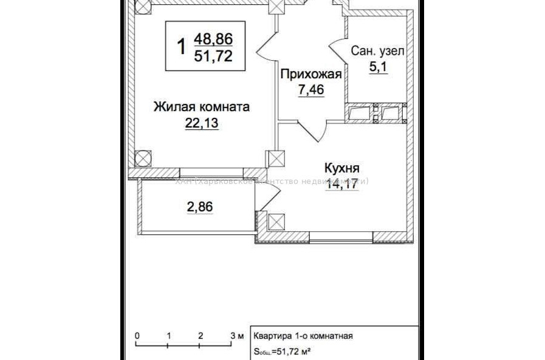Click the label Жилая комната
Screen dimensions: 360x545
[201, 107]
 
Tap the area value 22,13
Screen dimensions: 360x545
[201, 124]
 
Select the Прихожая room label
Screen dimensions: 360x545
[310, 75]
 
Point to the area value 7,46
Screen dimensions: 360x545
[310, 90]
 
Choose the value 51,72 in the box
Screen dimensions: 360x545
[213, 56]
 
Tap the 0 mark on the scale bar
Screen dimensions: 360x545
[137, 335]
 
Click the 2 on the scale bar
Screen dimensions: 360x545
[201, 335]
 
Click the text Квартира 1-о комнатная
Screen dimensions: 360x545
[303, 336]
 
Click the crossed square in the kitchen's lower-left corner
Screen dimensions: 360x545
[276, 221]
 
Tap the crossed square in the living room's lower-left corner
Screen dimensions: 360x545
[142, 159]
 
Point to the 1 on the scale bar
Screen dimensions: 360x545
[169, 335]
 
